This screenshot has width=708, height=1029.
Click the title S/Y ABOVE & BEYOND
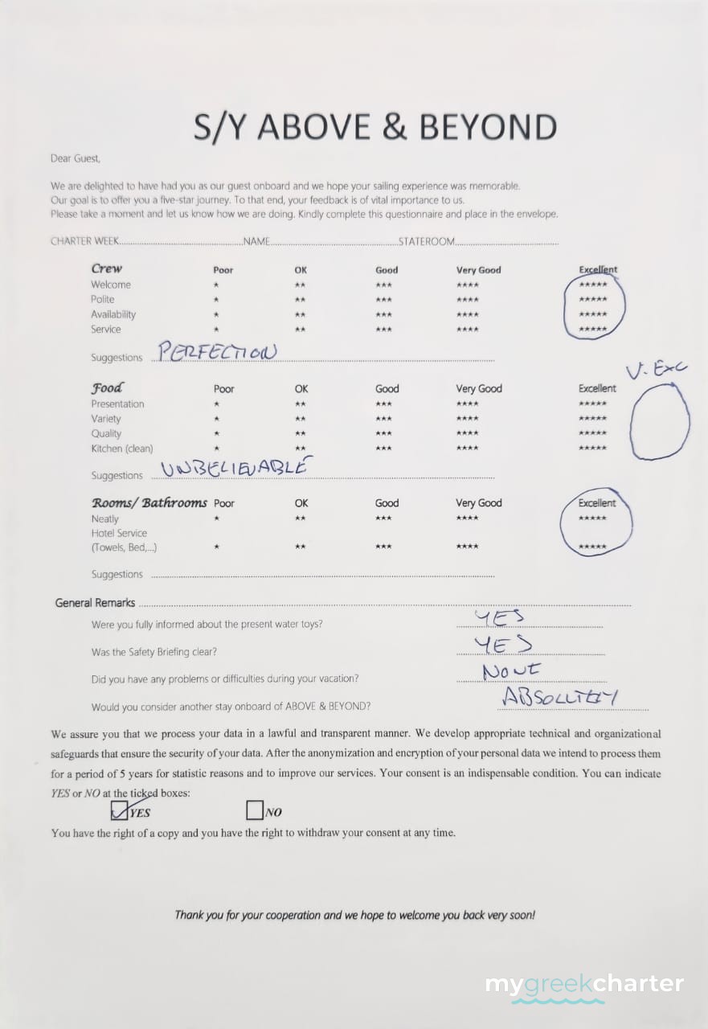pos(375,127)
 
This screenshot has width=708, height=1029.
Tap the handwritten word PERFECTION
pos(216,351)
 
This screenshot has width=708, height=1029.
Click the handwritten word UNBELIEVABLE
pos(235,467)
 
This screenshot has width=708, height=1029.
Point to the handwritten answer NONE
pos(512,670)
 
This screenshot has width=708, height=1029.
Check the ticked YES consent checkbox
pos(120,810)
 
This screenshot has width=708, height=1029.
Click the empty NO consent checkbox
pos(255,810)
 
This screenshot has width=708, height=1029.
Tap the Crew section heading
pos(107,269)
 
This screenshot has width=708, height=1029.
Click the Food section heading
pos(107,387)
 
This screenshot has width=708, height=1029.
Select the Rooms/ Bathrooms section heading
pos(149,503)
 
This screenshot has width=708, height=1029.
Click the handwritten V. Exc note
pos(657,370)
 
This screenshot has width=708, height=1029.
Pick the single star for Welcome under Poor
pos(216,285)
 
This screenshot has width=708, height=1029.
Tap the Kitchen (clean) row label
pos(121,449)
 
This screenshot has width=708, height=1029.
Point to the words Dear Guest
pos(76,159)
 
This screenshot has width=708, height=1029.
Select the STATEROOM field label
pos(427,241)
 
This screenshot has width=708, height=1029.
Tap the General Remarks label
pos(95,603)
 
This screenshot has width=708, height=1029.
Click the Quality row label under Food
pos(107,433)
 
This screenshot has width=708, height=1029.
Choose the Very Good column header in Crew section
pos(478,270)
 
